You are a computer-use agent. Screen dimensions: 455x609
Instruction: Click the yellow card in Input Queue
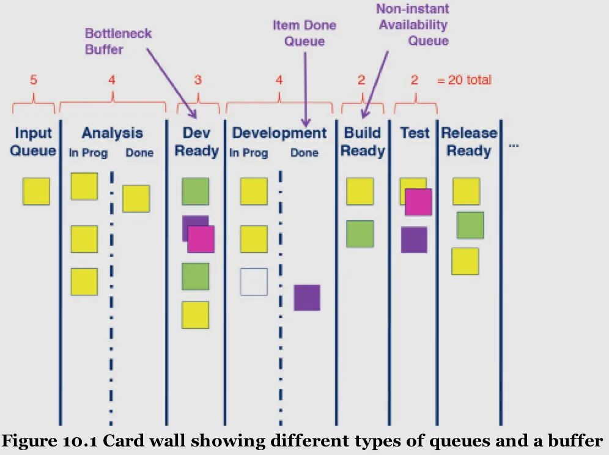click(x=36, y=191)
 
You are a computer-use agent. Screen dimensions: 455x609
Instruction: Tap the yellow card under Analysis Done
click(x=136, y=199)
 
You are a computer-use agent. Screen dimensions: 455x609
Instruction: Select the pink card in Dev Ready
click(x=201, y=239)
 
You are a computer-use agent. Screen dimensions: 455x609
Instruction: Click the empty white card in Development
click(x=254, y=282)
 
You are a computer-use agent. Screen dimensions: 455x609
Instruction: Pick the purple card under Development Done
click(x=307, y=297)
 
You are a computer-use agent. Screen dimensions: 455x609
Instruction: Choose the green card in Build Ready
click(x=360, y=234)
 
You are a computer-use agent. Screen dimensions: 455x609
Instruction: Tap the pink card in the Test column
click(x=418, y=202)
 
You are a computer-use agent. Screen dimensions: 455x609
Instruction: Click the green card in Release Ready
click(x=470, y=225)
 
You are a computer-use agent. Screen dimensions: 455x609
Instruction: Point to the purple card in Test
click(x=414, y=240)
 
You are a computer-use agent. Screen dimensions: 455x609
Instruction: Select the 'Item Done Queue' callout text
click(x=304, y=34)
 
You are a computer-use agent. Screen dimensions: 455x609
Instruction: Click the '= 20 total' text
click(x=463, y=80)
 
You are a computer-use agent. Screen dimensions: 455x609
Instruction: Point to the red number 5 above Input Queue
click(x=34, y=80)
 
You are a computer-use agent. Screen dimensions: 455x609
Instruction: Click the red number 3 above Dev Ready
click(x=197, y=80)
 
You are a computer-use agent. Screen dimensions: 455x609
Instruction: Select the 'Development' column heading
click(x=279, y=133)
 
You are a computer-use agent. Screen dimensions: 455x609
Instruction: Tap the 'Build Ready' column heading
click(x=363, y=142)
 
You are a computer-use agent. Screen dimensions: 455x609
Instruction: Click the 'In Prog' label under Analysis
click(x=88, y=154)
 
